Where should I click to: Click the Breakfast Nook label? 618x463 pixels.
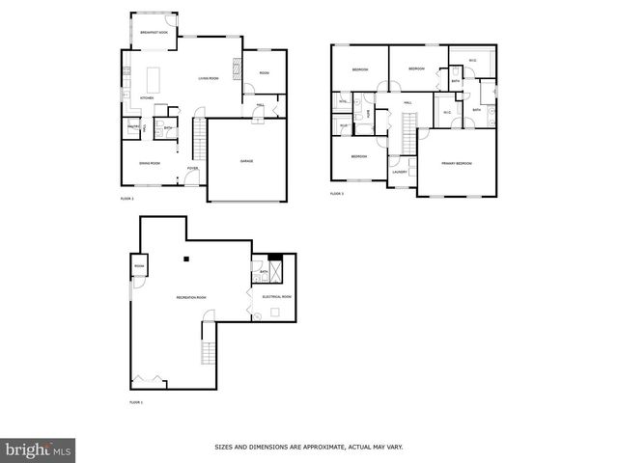[x=154, y=32]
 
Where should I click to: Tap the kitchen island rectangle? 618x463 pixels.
[x=152, y=76]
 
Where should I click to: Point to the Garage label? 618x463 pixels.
[x=247, y=161]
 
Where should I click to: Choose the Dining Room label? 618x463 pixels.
[x=149, y=163]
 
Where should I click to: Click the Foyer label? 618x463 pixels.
[x=193, y=167]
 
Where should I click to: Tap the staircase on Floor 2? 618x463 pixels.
[x=200, y=141]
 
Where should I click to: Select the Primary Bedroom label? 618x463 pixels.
[x=457, y=164]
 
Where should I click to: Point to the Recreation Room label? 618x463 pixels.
[x=190, y=297]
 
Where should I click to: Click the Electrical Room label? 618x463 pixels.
[x=277, y=296]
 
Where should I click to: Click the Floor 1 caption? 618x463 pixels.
[x=136, y=401]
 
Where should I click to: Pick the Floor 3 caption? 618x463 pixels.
[x=337, y=194]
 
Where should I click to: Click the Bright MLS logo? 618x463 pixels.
[x=38, y=449]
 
